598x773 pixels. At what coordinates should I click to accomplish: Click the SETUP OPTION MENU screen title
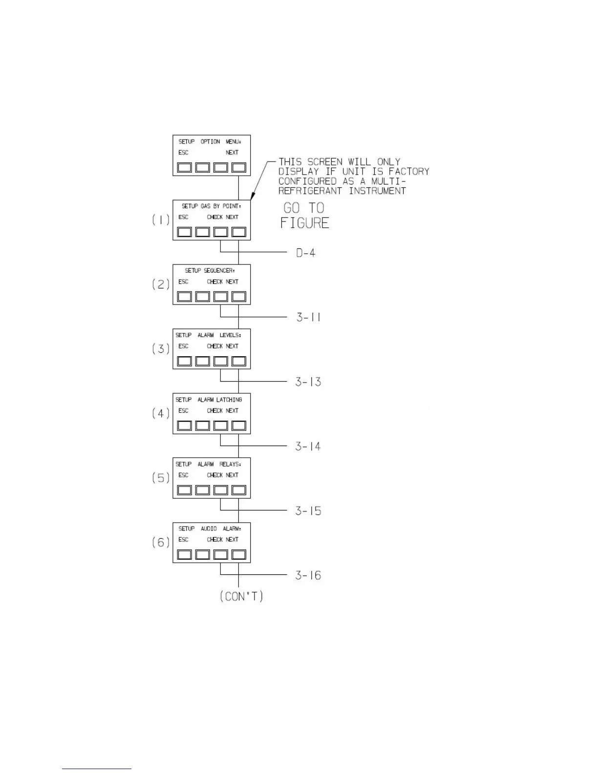210,142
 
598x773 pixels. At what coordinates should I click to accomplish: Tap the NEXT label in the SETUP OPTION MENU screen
232,152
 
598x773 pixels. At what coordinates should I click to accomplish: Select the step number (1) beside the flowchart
161,220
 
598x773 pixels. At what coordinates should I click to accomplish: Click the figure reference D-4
306,253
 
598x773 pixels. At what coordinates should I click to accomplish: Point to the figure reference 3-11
308,317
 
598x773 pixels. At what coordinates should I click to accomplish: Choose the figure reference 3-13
308,382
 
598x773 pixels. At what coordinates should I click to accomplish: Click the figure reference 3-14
308,446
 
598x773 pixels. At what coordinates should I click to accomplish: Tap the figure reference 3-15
308,511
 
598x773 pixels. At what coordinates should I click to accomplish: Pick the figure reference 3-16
308,575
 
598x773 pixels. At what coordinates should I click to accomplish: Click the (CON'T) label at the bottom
241,596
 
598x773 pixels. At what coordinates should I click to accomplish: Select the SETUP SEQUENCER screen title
210,270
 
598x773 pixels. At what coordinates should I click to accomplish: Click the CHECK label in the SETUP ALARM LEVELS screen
214,346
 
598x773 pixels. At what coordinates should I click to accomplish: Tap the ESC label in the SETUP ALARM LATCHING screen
183,410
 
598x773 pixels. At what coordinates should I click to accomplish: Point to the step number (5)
161,478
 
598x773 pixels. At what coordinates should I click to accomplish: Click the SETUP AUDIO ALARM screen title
210,529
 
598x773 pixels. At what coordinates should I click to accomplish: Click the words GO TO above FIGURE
304,208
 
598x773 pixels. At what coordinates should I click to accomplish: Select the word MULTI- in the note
388,181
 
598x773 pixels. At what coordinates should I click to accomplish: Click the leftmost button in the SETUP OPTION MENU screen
184,167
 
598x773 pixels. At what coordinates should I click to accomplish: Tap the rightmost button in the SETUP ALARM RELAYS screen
238,490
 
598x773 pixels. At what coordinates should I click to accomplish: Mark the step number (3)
161,348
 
